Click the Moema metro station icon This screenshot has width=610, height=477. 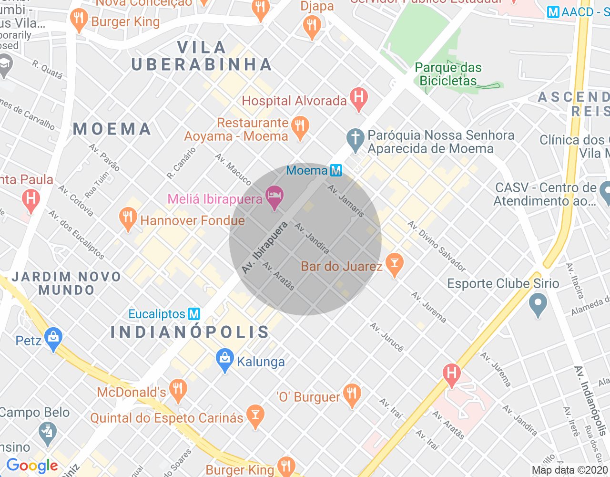tap(336, 170)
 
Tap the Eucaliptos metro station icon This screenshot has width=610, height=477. tap(194, 314)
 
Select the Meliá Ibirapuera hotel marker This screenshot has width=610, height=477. tap(274, 197)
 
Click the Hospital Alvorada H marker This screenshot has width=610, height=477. tap(358, 98)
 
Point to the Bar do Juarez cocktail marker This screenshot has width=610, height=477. tap(394, 264)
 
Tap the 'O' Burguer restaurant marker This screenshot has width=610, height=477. tap(352, 395)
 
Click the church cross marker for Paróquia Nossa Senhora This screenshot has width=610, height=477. tap(355, 139)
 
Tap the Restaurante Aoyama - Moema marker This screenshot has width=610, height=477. tap(300, 127)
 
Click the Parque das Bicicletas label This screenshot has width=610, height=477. tap(448, 74)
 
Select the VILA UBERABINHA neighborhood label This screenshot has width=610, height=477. tap(201, 56)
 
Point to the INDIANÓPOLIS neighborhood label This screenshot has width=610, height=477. tap(190, 332)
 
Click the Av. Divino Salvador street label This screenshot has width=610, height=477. tap(437, 246)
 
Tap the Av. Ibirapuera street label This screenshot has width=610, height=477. tap(264, 248)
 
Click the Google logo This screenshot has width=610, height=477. tap(32, 466)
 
